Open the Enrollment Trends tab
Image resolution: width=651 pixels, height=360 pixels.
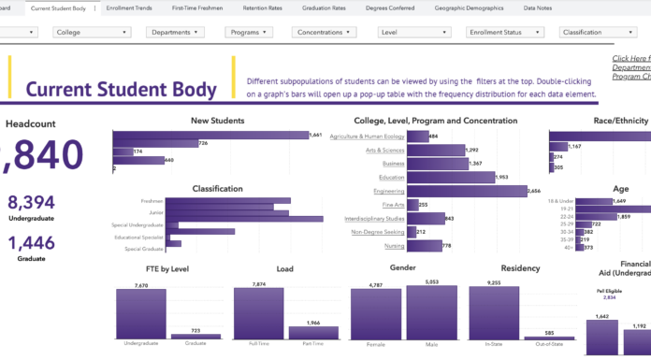pos(130,7)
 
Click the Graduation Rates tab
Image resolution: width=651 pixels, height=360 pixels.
pos(324,7)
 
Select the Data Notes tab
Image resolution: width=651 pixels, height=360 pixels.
pos(537,7)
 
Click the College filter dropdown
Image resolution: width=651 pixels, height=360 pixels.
pos(92,32)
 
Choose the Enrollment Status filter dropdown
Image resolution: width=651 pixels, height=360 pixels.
pos(505,32)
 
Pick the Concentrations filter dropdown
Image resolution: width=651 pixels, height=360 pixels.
pos(324,32)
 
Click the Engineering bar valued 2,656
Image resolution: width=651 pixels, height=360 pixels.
pos(466,191)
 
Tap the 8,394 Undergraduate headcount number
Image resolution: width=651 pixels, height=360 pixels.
pos(31,203)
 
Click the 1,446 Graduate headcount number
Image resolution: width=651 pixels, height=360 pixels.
pos(31,243)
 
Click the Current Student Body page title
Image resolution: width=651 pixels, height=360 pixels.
pos(121,91)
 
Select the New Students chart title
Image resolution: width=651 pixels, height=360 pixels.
pos(217,121)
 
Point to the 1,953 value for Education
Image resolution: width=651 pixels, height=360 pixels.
pos(500,177)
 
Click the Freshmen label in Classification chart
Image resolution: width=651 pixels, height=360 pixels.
pos(152,201)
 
